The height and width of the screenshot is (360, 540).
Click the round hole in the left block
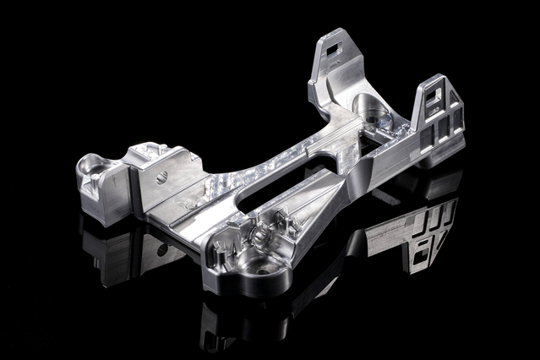click(161, 177)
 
